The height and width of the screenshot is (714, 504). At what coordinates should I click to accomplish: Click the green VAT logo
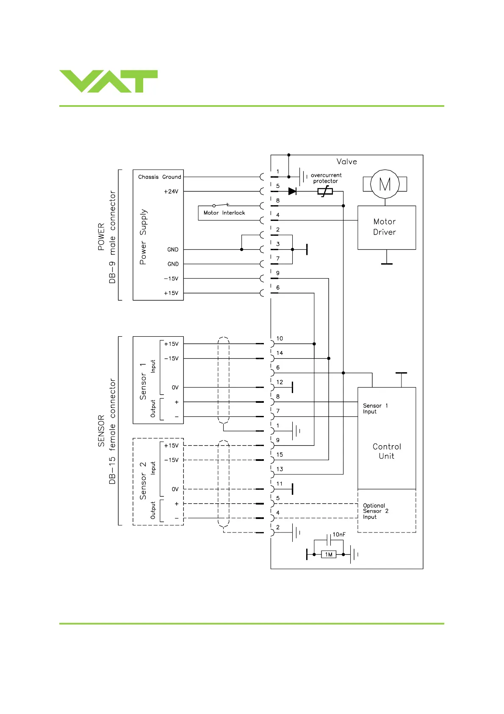[108, 81]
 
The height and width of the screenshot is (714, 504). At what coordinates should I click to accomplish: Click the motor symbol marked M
[385, 184]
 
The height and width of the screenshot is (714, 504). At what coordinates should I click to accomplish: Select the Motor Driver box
[386, 227]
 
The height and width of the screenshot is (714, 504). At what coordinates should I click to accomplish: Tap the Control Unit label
[387, 451]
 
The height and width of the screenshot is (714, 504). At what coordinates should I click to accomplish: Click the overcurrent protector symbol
[325, 192]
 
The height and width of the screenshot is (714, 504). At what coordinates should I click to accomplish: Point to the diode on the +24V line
[292, 192]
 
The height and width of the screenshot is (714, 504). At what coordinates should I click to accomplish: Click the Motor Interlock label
[224, 213]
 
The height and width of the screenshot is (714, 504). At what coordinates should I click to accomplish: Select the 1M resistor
[329, 555]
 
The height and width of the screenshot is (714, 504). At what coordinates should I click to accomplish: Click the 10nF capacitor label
[339, 535]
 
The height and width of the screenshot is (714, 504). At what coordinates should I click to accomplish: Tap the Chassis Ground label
[159, 177]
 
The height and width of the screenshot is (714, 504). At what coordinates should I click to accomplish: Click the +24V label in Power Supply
[171, 192]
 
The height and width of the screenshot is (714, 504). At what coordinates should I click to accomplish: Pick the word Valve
[346, 162]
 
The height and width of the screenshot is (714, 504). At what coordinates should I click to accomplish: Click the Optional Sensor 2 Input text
[375, 511]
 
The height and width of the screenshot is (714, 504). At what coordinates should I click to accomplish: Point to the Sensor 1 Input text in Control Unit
[375, 409]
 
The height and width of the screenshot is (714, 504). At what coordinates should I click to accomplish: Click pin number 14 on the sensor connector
[280, 353]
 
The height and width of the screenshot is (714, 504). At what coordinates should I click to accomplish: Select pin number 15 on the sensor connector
[280, 455]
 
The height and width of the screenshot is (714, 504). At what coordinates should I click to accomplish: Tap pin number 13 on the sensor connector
[280, 469]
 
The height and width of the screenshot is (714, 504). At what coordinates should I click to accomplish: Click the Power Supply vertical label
[143, 237]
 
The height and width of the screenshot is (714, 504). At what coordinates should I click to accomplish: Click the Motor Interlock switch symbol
[221, 205]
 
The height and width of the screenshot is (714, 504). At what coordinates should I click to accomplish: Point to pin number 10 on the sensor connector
[280, 338]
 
